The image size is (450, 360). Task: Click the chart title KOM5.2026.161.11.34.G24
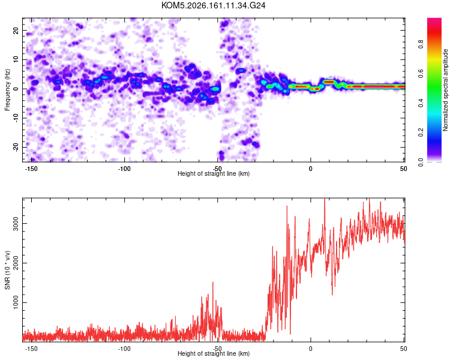pyautogui.click(x=213, y=5)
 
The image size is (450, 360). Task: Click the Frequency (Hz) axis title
pyautogui.click(x=7, y=90)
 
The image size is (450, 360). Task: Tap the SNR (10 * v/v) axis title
pyautogui.click(x=7, y=270)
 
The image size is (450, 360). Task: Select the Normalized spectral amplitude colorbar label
pyautogui.click(x=445, y=90)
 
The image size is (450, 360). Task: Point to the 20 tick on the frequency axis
pyautogui.click(x=16, y=30)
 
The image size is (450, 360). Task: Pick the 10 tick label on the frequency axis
pyautogui.click(x=16, y=59)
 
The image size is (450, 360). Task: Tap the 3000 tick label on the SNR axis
pyautogui.click(x=16, y=223)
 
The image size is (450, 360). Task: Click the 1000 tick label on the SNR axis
pyautogui.click(x=16, y=302)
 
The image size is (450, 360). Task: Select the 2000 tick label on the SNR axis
pyautogui.click(x=16, y=263)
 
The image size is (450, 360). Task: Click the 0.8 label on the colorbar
pyautogui.click(x=421, y=44)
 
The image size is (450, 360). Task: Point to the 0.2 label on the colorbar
pyautogui.click(x=421, y=133)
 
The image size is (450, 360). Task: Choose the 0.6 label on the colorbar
pyautogui.click(x=421, y=73)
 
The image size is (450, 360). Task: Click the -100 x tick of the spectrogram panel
pyautogui.click(x=124, y=169)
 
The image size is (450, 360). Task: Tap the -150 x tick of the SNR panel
pyautogui.click(x=31, y=349)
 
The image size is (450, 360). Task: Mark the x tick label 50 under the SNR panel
pyautogui.click(x=404, y=349)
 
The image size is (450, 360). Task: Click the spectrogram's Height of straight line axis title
pyautogui.click(x=214, y=173)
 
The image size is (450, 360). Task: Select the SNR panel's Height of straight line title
pyautogui.click(x=214, y=353)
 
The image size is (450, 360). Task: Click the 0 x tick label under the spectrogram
pyautogui.click(x=311, y=169)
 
